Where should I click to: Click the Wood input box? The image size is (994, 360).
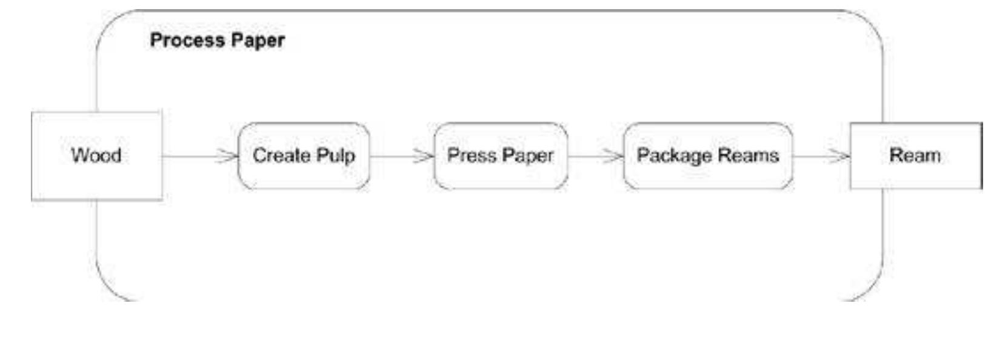point(96,156)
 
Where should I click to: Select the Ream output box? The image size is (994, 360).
point(915,156)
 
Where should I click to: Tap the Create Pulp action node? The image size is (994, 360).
point(304,156)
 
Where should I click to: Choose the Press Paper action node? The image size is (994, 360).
point(501,156)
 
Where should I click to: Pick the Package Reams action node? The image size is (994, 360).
point(707,156)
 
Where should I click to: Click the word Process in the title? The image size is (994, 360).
point(187,41)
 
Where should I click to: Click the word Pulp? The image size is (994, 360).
point(336,156)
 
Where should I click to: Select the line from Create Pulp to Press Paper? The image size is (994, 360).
point(391,156)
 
